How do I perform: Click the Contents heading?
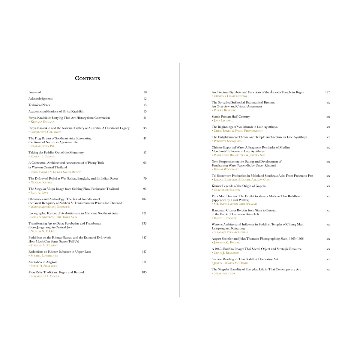coord(87,78)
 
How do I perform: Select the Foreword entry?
coord(35,92)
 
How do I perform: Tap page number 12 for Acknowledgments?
coord(145,99)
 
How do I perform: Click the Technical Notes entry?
coord(39,105)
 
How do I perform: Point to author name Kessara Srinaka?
coord(42,122)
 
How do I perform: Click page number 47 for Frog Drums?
coord(145,138)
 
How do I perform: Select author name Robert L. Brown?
coord(42,156)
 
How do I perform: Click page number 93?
coord(145,189)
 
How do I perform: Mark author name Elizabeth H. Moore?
coord(44,276)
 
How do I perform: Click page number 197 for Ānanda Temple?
coord(327,92)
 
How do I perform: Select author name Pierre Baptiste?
coord(224,111)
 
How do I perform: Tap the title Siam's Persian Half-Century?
coord(230,117)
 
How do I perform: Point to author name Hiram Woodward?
coord(225,169)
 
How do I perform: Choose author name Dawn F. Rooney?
coord(224,218)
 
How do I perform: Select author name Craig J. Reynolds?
coord(225,253)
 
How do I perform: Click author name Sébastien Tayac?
coord(224,273)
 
